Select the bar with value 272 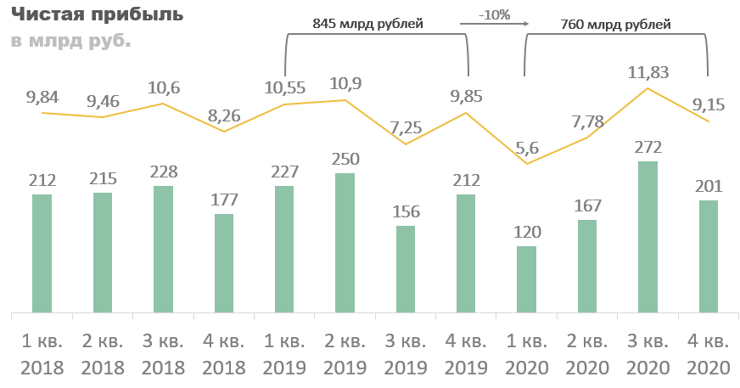pos(647,236)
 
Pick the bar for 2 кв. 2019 pos(345,242)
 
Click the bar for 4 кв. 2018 pos(224,262)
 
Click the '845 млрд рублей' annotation pos(367,25)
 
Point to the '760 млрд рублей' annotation pos(616,25)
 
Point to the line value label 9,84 pos(42,97)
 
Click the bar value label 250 pos(345,160)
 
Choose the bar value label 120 pos(526,232)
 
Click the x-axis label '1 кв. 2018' pos(42,355)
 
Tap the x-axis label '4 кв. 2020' pos(708,355)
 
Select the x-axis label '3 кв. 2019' pos(406,355)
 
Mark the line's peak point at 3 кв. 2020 pos(647,88)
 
